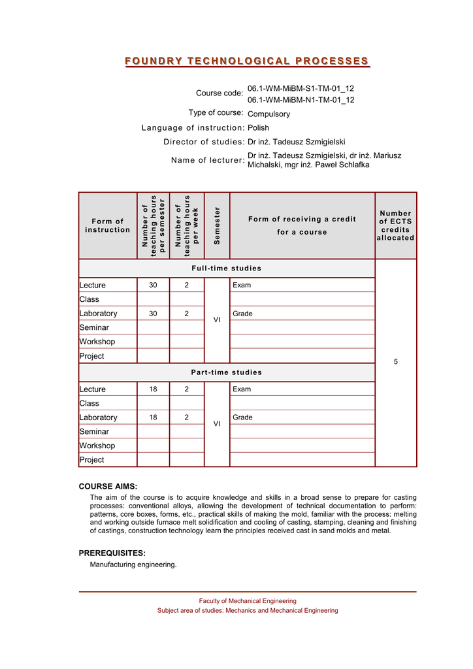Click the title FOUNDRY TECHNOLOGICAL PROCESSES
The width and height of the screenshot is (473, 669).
pyautogui.click(x=248, y=61)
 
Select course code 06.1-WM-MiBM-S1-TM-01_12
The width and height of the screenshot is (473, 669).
pyautogui.click(x=301, y=88)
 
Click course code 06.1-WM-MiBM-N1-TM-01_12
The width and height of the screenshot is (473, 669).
pyautogui.click(x=301, y=100)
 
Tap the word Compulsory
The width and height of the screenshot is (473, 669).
pyautogui.click(x=269, y=114)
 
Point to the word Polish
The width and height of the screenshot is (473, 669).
pyautogui.click(x=258, y=128)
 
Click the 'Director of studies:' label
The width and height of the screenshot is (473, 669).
pyautogui.click(x=204, y=142)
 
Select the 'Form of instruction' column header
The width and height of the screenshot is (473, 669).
pyautogui.click(x=107, y=225)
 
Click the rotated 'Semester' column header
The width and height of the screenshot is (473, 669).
pyautogui.click(x=217, y=225)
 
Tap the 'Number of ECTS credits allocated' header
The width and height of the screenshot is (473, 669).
pyautogui.click(x=395, y=225)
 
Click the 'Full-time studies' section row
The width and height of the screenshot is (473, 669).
pyautogui.click(x=227, y=269)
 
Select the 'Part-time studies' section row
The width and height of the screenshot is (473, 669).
pyautogui.click(x=227, y=372)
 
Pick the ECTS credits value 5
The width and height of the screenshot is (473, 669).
pyautogui.click(x=395, y=362)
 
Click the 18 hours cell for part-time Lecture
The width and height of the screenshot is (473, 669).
pyautogui.click(x=153, y=389)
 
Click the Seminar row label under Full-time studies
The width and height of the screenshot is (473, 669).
pyautogui.click(x=94, y=327)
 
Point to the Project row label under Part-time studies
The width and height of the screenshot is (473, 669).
pyautogui.click(x=91, y=460)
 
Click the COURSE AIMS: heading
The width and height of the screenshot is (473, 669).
pyautogui.click(x=108, y=486)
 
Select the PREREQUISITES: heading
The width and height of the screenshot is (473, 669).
pyautogui.click(x=112, y=553)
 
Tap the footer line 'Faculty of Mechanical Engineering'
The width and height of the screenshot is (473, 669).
pyautogui.click(x=248, y=600)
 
